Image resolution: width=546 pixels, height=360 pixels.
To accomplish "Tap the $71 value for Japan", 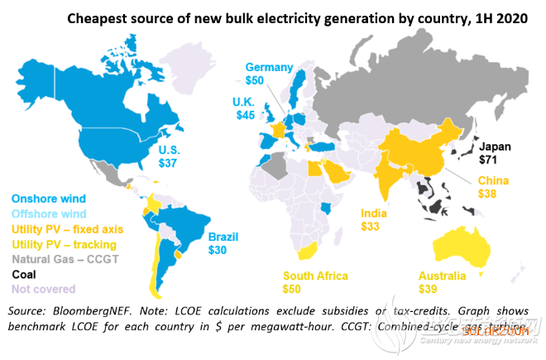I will [x=488, y=160].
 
